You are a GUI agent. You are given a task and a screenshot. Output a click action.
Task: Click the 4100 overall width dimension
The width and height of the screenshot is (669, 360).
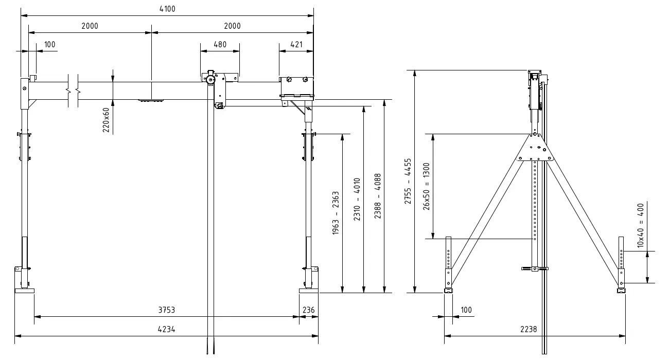[167, 9]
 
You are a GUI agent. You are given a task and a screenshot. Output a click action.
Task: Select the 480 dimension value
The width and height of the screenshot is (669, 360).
[220, 44]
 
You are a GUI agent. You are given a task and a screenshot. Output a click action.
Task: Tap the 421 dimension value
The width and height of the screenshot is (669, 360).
[296, 44]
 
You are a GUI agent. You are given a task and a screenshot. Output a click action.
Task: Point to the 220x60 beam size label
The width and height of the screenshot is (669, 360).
[107, 120]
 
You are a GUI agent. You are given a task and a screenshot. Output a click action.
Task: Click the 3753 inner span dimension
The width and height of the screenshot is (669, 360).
[166, 310]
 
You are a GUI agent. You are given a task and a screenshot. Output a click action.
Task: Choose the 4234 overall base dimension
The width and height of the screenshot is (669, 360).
[166, 330]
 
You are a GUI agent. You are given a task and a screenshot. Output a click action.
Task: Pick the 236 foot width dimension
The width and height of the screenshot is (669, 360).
[308, 310]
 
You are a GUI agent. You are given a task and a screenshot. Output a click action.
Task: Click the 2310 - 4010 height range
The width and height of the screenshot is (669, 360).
[357, 200]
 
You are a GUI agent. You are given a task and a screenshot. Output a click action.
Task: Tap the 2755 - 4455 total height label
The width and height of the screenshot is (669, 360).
[408, 181]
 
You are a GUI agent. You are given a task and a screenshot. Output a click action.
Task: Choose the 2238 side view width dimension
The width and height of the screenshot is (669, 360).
[535, 330]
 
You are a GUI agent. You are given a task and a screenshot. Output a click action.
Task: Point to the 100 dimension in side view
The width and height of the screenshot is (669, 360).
[466, 310]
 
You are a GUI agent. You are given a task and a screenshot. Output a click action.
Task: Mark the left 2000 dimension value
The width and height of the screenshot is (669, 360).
[90, 26]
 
